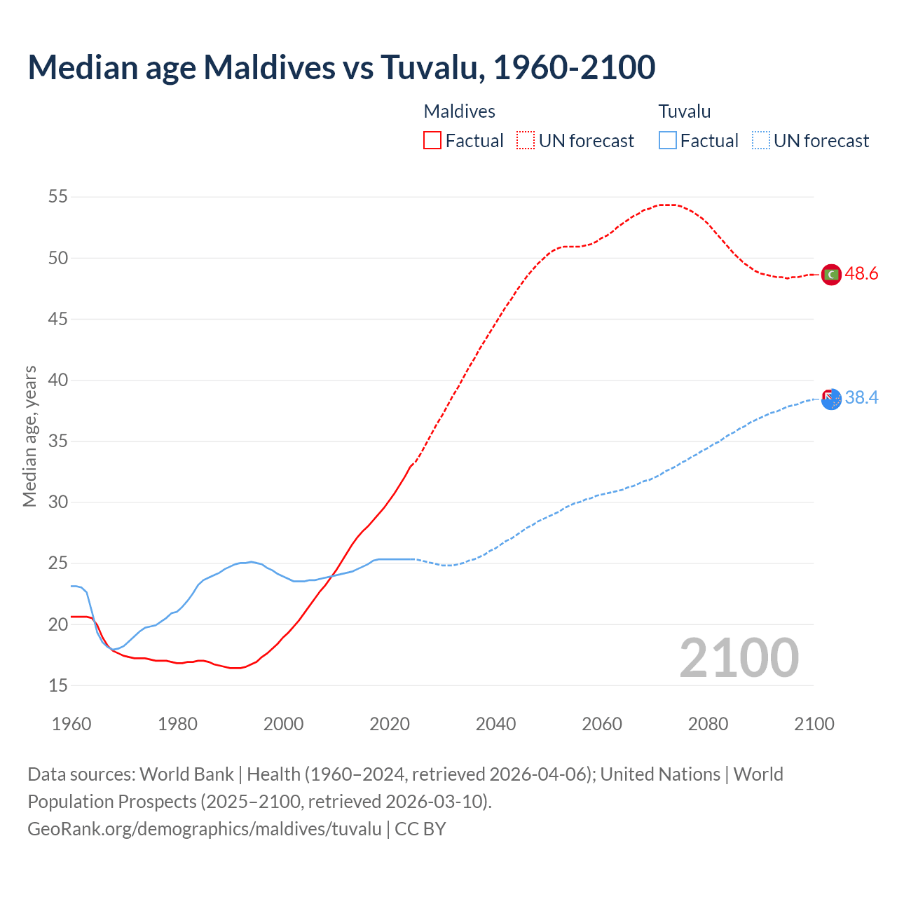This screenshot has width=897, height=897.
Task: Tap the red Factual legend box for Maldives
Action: coord(432,141)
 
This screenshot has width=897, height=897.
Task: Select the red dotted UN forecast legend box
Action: coord(526,141)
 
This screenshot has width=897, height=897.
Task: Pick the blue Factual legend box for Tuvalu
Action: coord(667,141)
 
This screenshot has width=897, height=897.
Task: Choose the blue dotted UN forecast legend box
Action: coord(760,141)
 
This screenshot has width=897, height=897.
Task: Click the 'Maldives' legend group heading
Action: coord(459,111)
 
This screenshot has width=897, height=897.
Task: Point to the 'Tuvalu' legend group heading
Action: coord(684,111)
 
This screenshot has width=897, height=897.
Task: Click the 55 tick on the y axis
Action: coord(58,197)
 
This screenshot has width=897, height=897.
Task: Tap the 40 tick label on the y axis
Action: coord(58,380)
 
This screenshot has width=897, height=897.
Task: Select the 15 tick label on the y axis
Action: coord(58,685)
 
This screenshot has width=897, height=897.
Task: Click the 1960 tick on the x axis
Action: coord(71,724)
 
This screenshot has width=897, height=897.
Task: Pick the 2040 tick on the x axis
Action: coord(495,724)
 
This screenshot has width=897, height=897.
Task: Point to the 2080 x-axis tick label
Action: coord(708,724)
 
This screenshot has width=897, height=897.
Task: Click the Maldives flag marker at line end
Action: coord(831,275)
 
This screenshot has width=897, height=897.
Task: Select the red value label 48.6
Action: coord(861,274)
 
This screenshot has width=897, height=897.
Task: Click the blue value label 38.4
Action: coord(861,398)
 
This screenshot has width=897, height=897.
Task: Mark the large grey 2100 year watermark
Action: coord(739,658)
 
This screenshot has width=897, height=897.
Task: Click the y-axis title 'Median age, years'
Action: coord(29,436)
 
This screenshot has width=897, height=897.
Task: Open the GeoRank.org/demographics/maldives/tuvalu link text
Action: coord(205,829)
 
